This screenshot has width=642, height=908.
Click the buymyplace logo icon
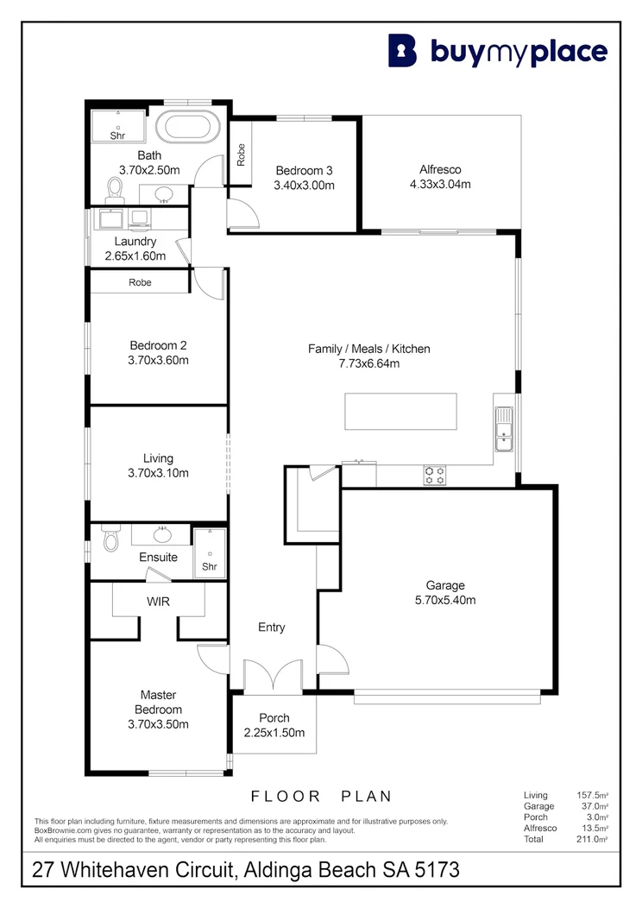tap(402, 51)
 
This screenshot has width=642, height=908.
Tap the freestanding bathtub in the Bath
tap(188, 129)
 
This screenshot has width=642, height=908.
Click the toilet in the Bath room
tap(112, 187)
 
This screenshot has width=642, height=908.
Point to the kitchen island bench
tap(401, 411)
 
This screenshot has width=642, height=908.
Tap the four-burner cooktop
tap(434, 474)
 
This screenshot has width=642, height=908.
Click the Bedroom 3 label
tap(305, 170)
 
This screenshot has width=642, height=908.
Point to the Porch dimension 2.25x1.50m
tap(274, 733)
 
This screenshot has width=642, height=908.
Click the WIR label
tap(159, 600)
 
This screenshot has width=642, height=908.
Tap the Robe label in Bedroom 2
tap(140, 282)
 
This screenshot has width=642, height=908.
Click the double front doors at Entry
tap(273, 675)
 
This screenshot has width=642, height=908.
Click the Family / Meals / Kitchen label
tap(368, 349)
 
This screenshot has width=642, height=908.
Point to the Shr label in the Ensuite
tap(209, 566)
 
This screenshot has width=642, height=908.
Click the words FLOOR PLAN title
tap(321, 796)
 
